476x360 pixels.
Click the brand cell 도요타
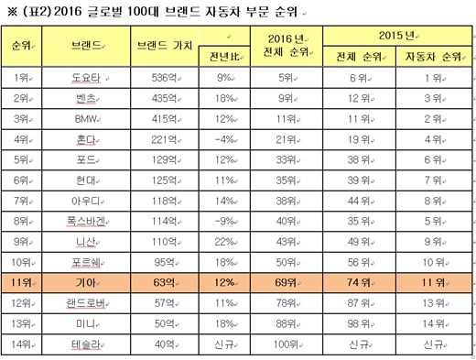tap(86, 78)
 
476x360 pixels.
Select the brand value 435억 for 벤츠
tap(164, 98)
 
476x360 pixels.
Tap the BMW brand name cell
tap(86, 119)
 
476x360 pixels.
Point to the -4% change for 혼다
tap(224, 139)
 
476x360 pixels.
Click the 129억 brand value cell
tap(164, 159)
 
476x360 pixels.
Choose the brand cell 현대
tap(86, 180)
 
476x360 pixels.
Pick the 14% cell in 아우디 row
tap(224, 201)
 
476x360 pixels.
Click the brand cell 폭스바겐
tap(86, 221)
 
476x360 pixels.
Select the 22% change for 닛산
tap(224, 242)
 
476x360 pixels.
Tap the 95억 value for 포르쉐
tap(164, 262)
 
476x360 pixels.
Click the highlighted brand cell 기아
tap(86, 282)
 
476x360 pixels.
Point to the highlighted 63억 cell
tap(164, 282)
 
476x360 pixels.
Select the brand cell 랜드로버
tap(86, 303)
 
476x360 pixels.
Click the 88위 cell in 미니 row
tap(286, 323)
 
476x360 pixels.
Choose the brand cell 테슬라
tap(86, 344)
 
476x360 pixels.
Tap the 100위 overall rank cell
tap(286, 344)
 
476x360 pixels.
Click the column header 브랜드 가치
tap(164, 46)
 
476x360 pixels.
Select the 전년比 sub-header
tap(224, 57)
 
